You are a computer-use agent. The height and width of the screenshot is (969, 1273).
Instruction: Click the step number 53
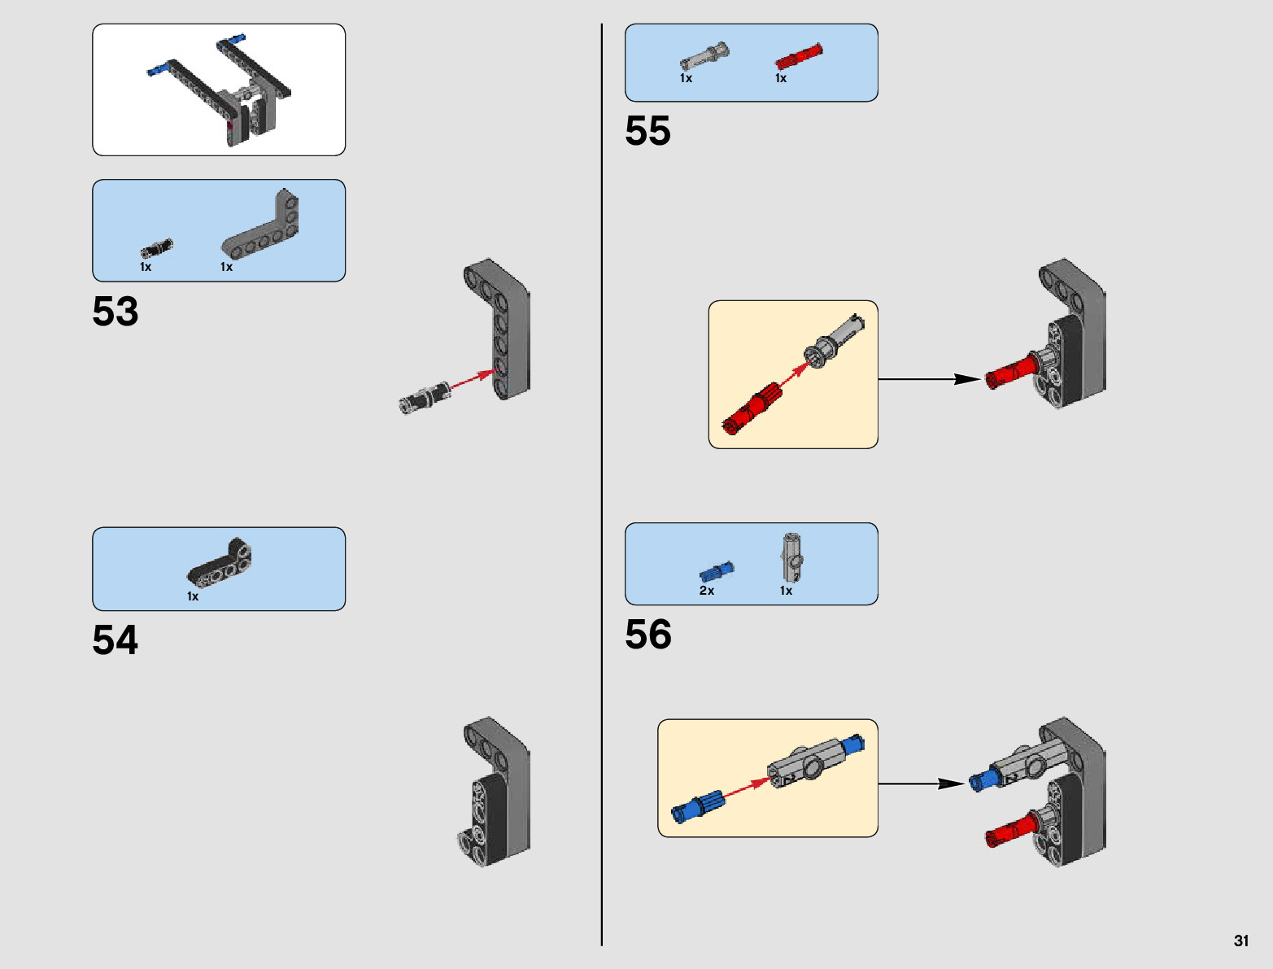coord(116,312)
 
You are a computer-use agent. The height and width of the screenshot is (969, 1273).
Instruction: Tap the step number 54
coord(116,640)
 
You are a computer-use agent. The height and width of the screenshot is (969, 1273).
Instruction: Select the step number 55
coord(647,131)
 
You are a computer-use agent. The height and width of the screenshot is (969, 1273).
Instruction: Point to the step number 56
coord(648,635)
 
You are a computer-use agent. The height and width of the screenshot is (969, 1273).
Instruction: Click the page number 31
coord(1240,941)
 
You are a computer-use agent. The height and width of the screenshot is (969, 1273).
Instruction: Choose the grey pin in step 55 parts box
coord(704,57)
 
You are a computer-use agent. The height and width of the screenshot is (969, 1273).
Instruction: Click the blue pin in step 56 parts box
coord(717,571)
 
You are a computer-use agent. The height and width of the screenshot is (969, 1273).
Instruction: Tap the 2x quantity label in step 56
coord(706,591)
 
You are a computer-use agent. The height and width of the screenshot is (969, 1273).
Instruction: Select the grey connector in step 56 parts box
coord(792,557)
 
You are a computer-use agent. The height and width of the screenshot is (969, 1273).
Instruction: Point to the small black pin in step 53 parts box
coord(156,248)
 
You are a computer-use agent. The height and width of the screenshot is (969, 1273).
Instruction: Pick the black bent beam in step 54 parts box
coord(220,563)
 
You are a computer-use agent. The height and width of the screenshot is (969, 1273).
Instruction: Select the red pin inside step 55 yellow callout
coord(752,410)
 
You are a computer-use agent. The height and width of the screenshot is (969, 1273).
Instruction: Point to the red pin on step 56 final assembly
coord(1009,832)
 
